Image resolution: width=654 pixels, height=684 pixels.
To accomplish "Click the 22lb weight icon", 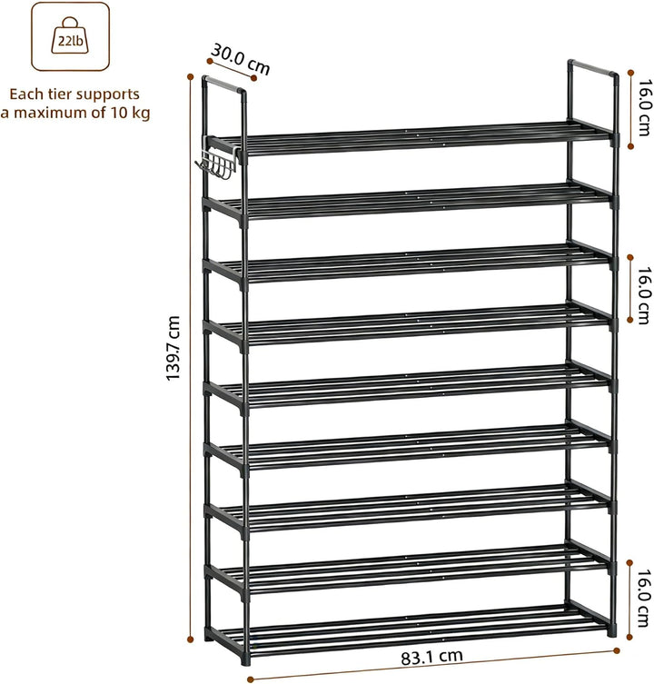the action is [x=70, y=36].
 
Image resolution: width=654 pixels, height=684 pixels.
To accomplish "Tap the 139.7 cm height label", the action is [x=173, y=348].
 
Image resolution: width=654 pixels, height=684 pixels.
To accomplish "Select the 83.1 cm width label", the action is [x=431, y=657].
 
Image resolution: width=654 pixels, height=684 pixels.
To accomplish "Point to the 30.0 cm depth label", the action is [x=241, y=60].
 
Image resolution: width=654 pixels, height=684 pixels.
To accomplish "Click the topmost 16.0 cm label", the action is [x=643, y=107].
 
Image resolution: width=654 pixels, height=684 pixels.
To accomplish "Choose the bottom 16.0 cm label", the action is [x=643, y=599].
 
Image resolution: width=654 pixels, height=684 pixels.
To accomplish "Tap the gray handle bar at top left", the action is [x=223, y=84].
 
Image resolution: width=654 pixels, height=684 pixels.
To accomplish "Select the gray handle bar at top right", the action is [x=592, y=67].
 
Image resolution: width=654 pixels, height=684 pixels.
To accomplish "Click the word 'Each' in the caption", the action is [x=26, y=94].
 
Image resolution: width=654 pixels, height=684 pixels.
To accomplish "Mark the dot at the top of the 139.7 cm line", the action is [x=190, y=77].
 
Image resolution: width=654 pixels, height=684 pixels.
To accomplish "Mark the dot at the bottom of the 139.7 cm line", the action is [x=190, y=639].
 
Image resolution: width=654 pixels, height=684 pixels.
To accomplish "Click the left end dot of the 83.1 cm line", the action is [x=250, y=679].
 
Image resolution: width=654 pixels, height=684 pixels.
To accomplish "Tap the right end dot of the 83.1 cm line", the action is [x=617, y=651].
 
